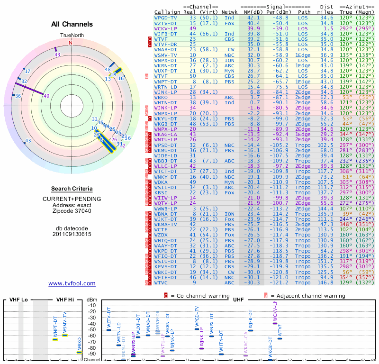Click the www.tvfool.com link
(72, 283)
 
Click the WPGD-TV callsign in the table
(166, 18)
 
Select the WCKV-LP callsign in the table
(166, 28)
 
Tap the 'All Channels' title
(72, 24)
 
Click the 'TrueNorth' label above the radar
(71, 36)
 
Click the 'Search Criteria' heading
(72, 189)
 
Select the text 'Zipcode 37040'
(72, 211)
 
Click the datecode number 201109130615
(72, 234)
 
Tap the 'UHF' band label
(238, 300)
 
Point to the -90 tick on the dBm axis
(92, 354)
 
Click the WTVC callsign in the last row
(161, 282)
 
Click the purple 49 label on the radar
(46, 96)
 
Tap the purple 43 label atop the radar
(57, 55)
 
